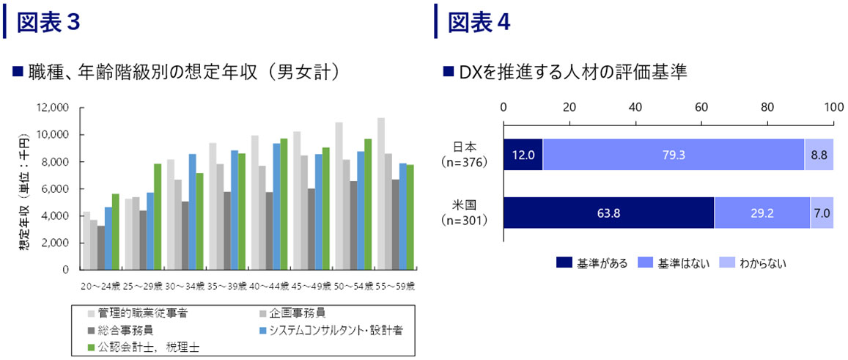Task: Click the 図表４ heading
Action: tap(478, 22)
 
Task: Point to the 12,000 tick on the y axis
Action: tap(52, 108)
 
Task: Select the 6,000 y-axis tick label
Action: tap(55, 188)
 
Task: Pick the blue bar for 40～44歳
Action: tap(277, 206)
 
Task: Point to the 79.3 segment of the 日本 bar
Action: tap(673, 155)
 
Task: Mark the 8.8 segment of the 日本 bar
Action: tap(819, 155)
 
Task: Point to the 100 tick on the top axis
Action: tap(833, 107)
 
